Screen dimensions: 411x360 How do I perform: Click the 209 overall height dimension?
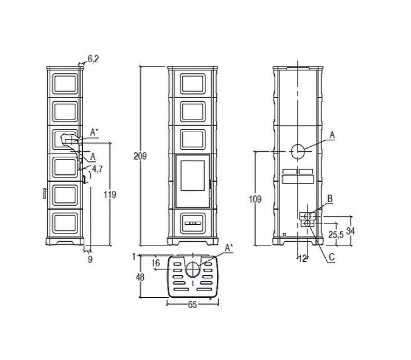(x=140, y=156)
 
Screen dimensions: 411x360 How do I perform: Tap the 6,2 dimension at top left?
(x=93, y=59)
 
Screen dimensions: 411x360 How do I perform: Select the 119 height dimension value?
(x=110, y=194)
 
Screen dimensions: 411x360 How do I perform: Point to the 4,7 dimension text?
(x=97, y=169)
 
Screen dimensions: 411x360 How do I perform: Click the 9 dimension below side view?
(x=90, y=259)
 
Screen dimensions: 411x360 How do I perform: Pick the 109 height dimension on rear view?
(x=255, y=199)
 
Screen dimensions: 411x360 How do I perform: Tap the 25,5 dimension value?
(x=336, y=235)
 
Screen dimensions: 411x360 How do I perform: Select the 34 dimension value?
(x=350, y=231)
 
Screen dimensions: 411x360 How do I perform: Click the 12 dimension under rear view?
(x=303, y=259)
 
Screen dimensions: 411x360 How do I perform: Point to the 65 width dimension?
(x=192, y=304)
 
